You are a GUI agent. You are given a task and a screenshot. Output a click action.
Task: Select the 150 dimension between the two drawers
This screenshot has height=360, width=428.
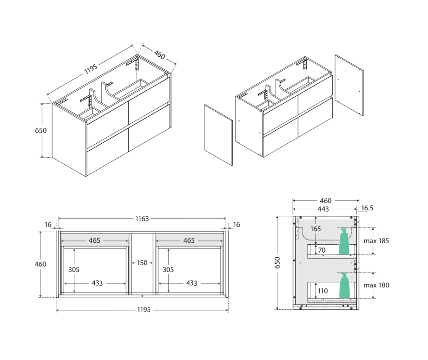click(x=142, y=263)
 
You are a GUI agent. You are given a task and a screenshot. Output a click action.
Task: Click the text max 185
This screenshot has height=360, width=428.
click(x=376, y=241)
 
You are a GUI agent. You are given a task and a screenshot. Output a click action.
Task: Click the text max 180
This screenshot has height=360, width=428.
click(x=376, y=285)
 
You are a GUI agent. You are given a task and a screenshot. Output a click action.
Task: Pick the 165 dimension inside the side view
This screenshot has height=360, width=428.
click(x=316, y=229)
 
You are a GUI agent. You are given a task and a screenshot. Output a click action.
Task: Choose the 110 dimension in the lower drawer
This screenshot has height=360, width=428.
click(x=323, y=291)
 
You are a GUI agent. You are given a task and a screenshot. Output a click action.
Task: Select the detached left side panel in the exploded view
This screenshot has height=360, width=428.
click(x=218, y=134)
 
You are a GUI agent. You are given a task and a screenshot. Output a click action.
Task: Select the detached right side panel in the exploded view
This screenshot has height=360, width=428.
click(x=349, y=85)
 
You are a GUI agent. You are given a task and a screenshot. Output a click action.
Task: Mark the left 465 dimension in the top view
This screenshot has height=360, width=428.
click(x=95, y=240)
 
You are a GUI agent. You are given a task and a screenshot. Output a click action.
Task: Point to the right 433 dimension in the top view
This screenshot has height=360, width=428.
click(x=191, y=283)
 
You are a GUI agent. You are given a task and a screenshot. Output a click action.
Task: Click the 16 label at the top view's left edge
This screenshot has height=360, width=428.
click(x=48, y=225)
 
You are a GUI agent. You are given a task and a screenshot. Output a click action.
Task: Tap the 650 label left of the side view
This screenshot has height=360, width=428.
click(x=277, y=263)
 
